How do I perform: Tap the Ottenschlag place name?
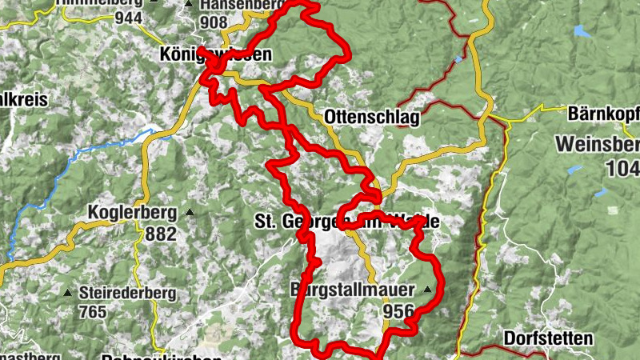click(372, 118)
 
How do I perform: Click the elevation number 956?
click(398, 311)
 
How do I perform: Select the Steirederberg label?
click(127, 293)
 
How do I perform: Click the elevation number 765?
click(93, 312)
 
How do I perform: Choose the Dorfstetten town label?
click(548, 338)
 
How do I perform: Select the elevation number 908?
click(215, 23)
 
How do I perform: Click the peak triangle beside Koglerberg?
click(190, 213)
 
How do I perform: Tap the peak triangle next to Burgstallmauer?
click(427, 290)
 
